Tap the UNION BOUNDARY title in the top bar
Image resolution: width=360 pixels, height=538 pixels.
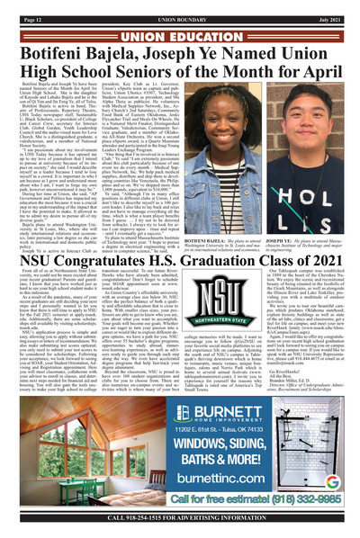pyautogui.click(x=179, y=8)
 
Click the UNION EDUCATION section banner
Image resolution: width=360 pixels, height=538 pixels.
pyautogui.click(x=179, y=22)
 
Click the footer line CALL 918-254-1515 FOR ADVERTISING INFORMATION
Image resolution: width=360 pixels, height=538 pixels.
pyautogui.click(x=179, y=530)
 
